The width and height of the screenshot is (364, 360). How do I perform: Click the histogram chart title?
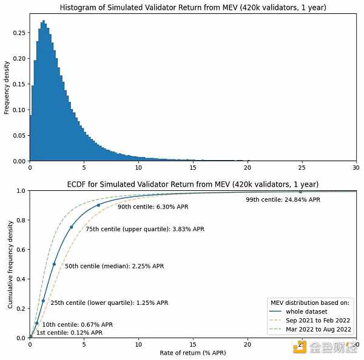[192, 7]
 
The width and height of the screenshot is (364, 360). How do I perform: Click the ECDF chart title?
[192, 184]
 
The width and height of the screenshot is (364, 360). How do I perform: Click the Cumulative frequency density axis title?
[10, 264]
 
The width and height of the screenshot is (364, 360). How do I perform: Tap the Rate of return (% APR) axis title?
[192, 353]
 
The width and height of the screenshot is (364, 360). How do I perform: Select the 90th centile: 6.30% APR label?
[153, 207]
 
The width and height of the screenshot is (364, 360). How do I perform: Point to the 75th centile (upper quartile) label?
[145, 230]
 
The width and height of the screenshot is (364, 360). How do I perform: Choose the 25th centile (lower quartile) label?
[109, 302]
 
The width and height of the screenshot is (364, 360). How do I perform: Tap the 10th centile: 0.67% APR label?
[78, 325]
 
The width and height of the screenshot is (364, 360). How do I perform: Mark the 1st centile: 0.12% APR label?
[69, 333]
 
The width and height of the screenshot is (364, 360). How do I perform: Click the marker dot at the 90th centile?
[98, 205]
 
